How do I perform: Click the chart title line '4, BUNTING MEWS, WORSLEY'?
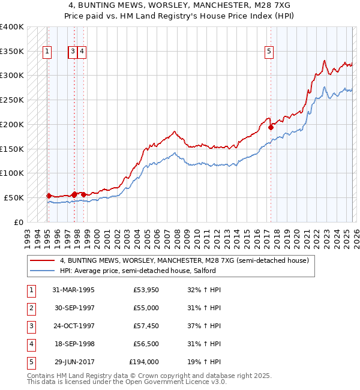(x=179, y=4)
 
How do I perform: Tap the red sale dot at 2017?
(x=271, y=127)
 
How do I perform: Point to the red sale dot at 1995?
(x=49, y=196)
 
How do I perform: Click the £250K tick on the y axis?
(x=12, y=100)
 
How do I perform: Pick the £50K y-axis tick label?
(x=13, y=197)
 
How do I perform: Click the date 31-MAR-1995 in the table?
(x=73, y=290)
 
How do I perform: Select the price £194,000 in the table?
(x=144, y=362)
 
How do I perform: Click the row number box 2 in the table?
(x=31, y=308)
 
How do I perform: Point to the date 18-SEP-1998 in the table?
(x=73, y=344)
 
